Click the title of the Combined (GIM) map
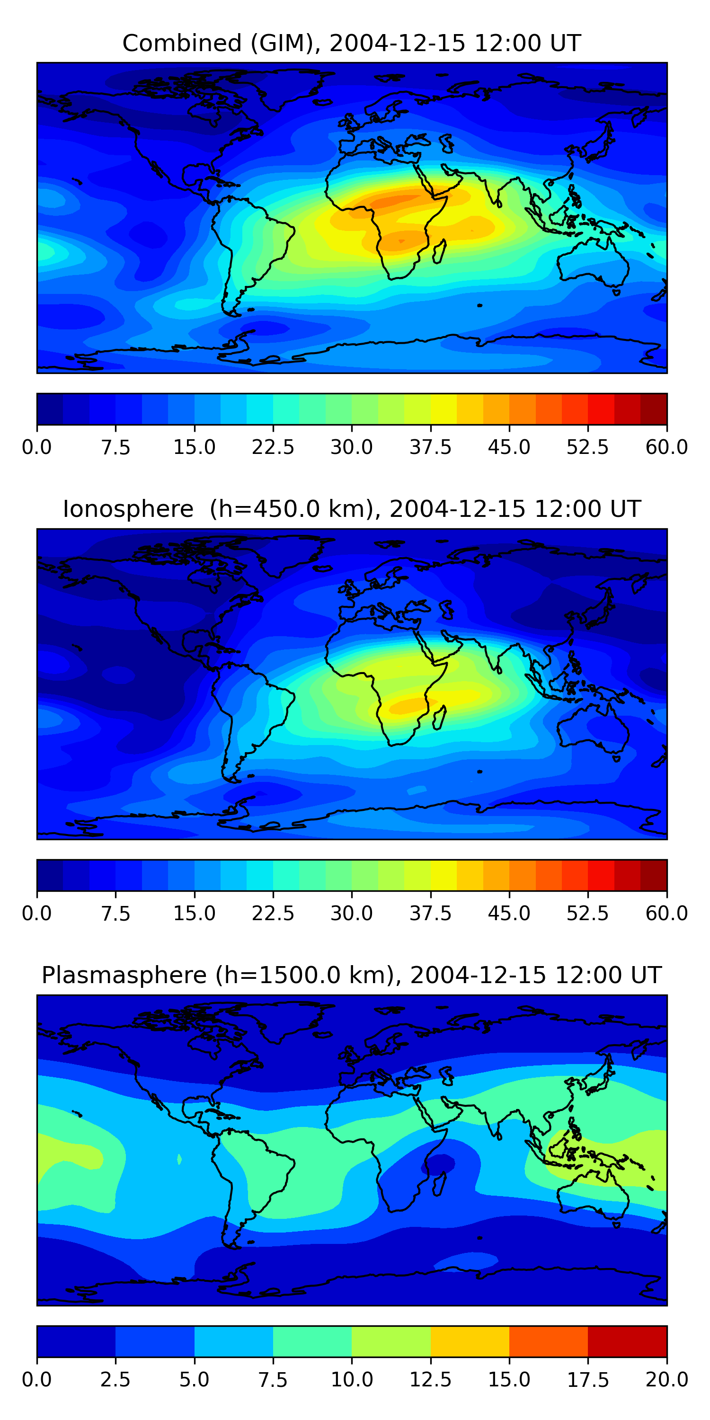[x=352, y=43]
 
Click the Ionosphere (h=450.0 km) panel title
[x=352, y=509]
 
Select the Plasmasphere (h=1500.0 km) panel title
[x=352, y=975]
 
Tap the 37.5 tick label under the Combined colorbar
[x=431, y=447]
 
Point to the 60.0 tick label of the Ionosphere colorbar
[x=667, y=914]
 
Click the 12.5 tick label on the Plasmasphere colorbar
[x=431, y=1380]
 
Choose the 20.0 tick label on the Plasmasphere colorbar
[x=667, y=1380]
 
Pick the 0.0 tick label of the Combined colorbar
[x=37, y=447]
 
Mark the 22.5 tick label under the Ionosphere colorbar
[x=273, y=914]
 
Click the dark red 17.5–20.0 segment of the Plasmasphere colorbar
[x=627, y=1341]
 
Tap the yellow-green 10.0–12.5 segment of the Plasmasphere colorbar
[x=391, y=1341]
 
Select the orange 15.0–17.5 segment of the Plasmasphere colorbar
[x=549, y=1341]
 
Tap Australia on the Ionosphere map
[x=593, y=727]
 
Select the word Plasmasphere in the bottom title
[x=124, y=975]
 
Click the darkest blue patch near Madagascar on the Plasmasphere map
[x=439, y=1163]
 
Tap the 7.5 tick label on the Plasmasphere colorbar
[x=273, y=1380]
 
